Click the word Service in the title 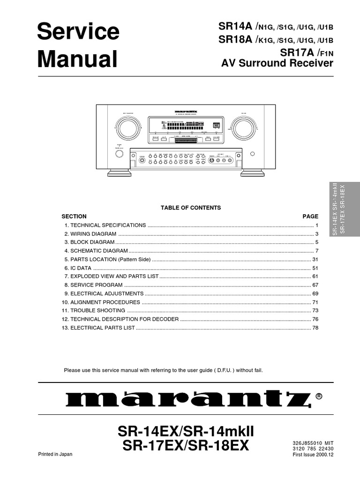point(78,32)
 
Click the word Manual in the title point(77,59)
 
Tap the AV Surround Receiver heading point(277,63)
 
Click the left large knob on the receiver point(127,127)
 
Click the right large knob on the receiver point(242,127)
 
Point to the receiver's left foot point(116,173)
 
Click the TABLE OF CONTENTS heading point(191,208)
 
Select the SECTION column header point(74,217)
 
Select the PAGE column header point(310,217)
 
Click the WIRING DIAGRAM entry point(93,234)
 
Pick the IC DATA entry point(81,268)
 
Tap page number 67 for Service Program point(315,285)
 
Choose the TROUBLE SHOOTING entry point(97,310)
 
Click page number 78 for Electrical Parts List point(315,328)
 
